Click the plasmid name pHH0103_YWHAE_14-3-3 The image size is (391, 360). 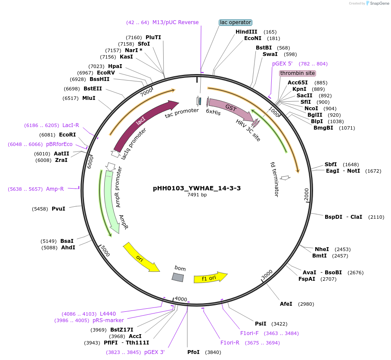coord(197,188)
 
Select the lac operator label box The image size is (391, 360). coord(235,22)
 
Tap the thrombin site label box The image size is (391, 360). coord(298,73)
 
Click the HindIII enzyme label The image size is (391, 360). coord(246,32)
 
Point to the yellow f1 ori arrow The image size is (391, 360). coord(210,278)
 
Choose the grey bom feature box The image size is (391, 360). coord(178,277)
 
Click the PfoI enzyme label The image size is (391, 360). coord(193,352)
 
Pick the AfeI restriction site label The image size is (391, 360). coord(286,304)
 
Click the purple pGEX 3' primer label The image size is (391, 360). coord(155,352)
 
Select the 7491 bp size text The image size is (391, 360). coord(197,195)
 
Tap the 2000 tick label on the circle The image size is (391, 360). coord(307,194)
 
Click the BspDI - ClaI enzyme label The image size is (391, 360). coord(344,217)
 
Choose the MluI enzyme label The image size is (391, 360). coord(89,98)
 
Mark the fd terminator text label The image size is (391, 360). coord(275,179)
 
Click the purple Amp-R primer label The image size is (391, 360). coord(55,189)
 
